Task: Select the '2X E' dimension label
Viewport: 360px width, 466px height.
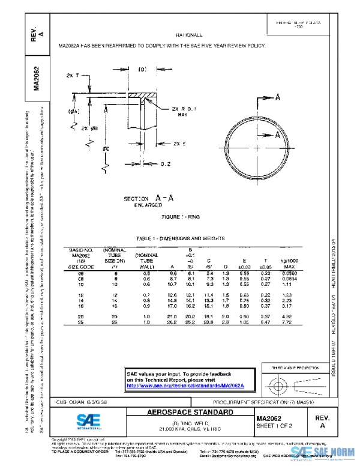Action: coord(179,144)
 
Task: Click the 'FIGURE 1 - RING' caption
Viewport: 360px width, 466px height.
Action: coord(179,216)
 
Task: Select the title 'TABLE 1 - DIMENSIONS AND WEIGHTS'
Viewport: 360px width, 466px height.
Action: coord(180,238)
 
